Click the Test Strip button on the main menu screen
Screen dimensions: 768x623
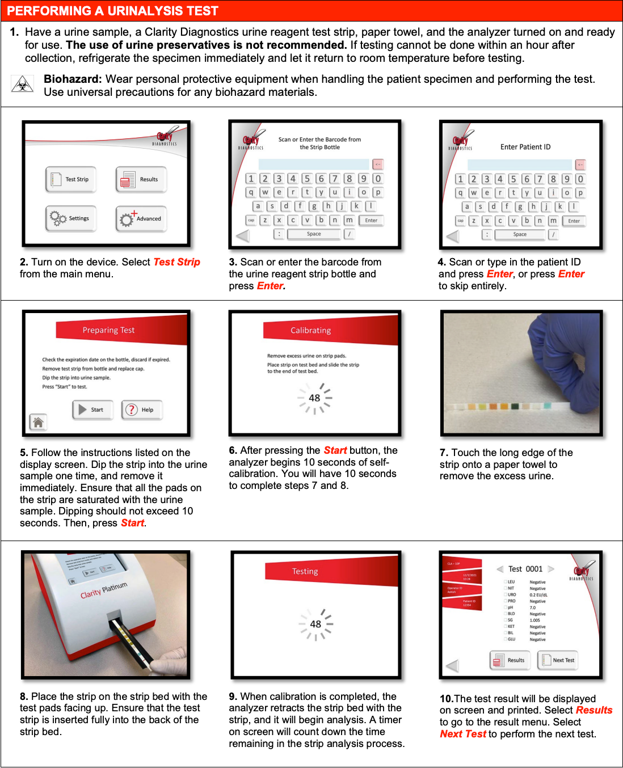click(71, 179)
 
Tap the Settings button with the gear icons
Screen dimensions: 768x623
click(71, 218)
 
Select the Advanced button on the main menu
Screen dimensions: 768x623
click(141, 218)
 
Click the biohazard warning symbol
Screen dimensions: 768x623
click(22, 85)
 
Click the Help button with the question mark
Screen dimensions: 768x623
click(142, 410)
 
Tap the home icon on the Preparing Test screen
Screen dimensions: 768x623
click(38, 422)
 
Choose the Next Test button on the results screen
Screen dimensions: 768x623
click(557, 660)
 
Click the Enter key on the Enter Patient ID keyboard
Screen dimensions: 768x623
click(574, 221)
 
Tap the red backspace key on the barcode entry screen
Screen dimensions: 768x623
click(378, 164)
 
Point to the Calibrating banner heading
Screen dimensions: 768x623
click(310, 330)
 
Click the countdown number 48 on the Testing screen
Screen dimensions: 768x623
click(315, 624)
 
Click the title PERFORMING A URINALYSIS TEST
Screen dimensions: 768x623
click(112, 11)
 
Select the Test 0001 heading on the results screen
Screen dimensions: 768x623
click(525, 569)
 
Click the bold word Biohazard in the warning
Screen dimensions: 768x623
click(73, 79)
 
